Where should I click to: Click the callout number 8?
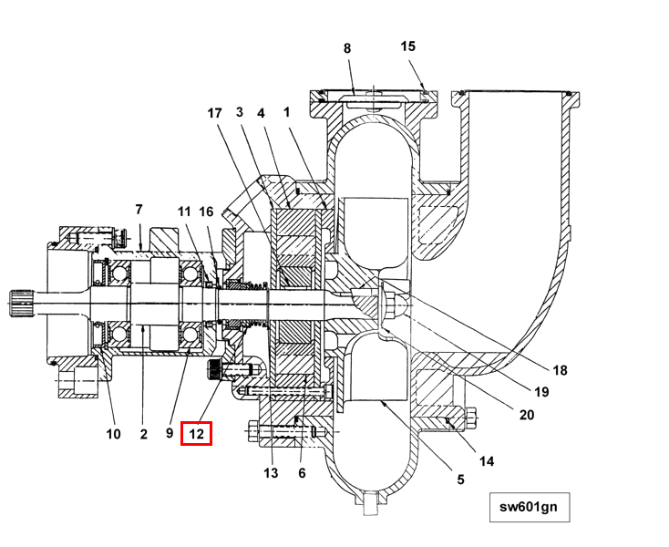[x=346, y=47]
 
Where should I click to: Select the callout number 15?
[x=407, y=46]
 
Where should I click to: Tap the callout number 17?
[x=214, y=113]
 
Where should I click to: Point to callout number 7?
[x=139, y=209]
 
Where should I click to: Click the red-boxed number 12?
[x=197, y=434]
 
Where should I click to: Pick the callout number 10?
[x=113, y=434]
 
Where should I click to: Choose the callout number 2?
[x=144, y=434]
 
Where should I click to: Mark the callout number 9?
[x=170, y=434]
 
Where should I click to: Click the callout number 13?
[x=271, y=472]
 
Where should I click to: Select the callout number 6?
[x=302, y=472]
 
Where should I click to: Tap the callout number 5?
[x=460, y=479]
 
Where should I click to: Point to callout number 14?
[x=487, y=461]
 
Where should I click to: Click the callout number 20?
[x=526, y=415]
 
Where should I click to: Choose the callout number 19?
[x=541, y=392]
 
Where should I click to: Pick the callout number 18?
[x=560, y=369]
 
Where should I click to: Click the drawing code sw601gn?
[x=529, y=507]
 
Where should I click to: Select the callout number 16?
[x=207, y=212]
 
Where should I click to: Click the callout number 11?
[x=184, y=212]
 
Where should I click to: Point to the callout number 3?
[x=240, y=113]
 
